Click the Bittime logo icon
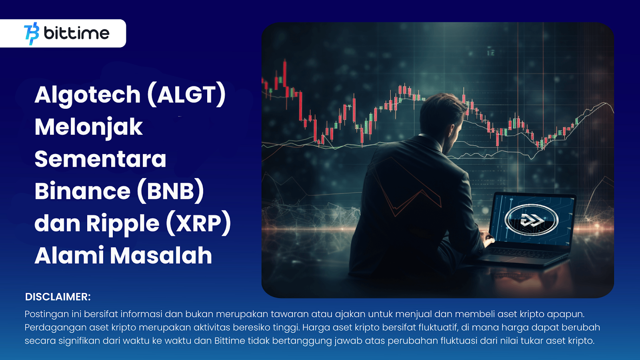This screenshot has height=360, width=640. (32, 34)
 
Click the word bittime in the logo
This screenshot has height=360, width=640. (76, 33)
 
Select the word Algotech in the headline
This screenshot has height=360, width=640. (88, 95)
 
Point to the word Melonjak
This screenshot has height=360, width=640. (88, 127)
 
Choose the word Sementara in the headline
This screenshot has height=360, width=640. (100, 159)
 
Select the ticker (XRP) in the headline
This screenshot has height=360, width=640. (198, 223)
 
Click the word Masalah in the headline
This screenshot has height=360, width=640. (161, 256)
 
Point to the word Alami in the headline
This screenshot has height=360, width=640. (69, 256)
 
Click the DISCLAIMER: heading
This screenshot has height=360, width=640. (58, 297)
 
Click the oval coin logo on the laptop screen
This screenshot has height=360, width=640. (532, 220)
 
